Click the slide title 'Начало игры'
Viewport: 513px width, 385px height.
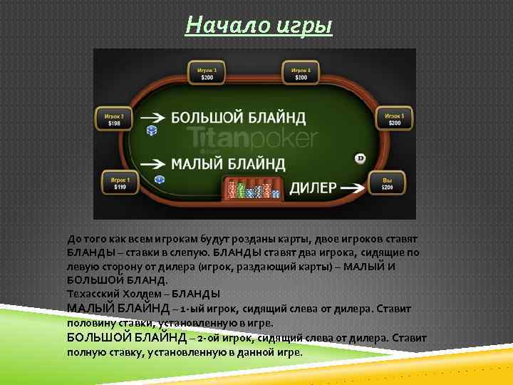point(259,26)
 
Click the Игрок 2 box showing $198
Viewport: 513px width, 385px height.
point(114,119)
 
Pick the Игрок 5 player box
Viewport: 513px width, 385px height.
point(394,119)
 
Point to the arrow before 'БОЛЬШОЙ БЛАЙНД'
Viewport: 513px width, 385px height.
point(153,117)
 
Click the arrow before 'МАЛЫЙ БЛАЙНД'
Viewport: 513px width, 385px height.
point(153,163)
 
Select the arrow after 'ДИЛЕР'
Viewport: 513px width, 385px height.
point(353,188)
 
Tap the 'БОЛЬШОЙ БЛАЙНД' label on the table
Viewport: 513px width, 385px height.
point(238,117)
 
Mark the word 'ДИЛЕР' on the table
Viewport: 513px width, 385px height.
point(312,188)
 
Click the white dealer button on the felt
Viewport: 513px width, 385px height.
point(360,158)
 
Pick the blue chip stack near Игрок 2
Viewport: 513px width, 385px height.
point(151,130)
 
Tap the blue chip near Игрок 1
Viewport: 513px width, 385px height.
point(159,180)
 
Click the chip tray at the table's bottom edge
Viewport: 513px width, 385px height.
point(254,189)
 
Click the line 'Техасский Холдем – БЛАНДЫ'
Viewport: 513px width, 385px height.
point(143,294)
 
